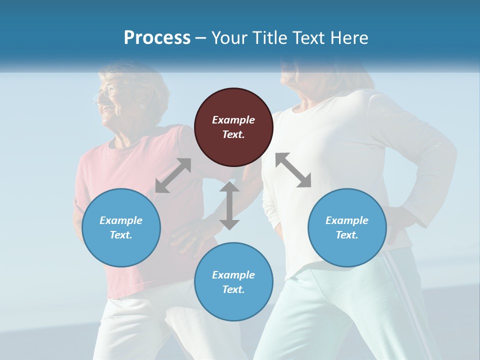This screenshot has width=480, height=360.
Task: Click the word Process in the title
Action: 157,38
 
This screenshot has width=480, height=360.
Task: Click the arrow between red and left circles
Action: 173,175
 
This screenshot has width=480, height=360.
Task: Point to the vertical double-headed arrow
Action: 229,205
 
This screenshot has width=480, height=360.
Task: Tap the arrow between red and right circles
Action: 293,170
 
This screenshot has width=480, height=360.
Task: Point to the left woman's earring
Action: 142,106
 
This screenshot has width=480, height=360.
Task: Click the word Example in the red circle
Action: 233,120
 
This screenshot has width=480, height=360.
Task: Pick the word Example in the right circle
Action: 347,220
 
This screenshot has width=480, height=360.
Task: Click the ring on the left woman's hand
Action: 194,239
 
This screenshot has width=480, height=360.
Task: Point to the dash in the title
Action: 200,38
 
